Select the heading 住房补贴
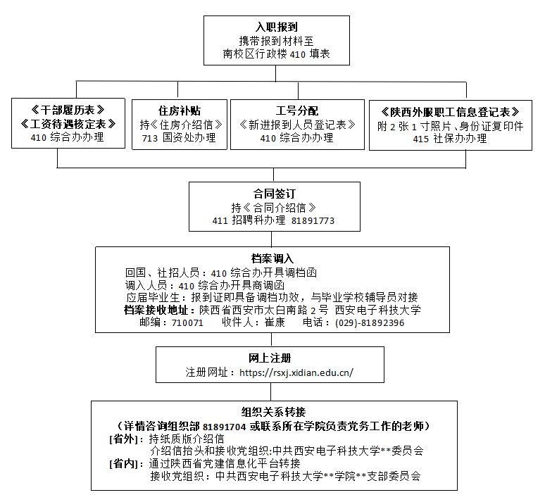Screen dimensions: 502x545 pyautogui.click(x=179, y=111)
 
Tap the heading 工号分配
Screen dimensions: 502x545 pyautogui.click(x=296, y=111)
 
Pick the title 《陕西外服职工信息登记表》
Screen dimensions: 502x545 pyautogui.click(x=450, y=112)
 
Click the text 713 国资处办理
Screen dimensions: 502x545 pyautogui.click(x=178, y=138)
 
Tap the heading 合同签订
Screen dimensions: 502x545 pyautogui.click(x=273, y=193)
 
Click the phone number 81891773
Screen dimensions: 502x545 pyautogui.click(x=313, y=220)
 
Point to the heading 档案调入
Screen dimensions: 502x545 pyautogui.click(x=272, y=258)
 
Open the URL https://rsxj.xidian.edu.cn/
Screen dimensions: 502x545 pyautogui.click(x=296, y=372)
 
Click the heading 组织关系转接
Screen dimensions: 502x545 pyautogui.click(x=274, y=412)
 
